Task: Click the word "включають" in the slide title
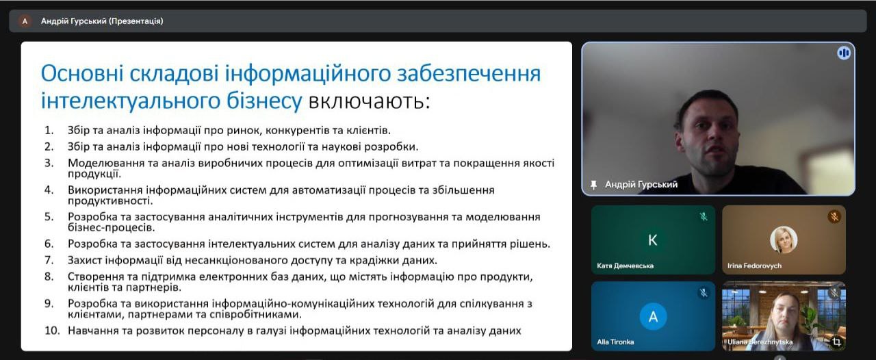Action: (x=369, y=101)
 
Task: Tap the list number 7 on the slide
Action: (x=49, y=260)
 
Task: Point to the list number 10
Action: (x=52, y=331)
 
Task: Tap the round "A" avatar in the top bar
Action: (x=25, y=21)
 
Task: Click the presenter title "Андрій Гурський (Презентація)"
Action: (x=102, y=21)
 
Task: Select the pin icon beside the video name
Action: (x=593, y=185)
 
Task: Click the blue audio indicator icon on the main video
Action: (x=844, y=53)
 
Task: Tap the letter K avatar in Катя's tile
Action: (x=653, y=240)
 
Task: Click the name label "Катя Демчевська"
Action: (x=625, y=266)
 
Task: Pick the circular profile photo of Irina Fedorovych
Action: (x=784, y=240)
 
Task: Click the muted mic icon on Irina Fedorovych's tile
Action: (x=834, y=216)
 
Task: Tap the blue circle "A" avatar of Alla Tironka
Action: (x=653, y=317)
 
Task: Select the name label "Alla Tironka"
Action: (x=615, y=342)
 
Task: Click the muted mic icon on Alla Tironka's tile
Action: (x=703, y=293)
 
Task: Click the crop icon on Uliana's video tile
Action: (x=836, y=342)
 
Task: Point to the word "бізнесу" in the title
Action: (x=264, y=101)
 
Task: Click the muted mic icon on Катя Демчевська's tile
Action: (x=703, y=216)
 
